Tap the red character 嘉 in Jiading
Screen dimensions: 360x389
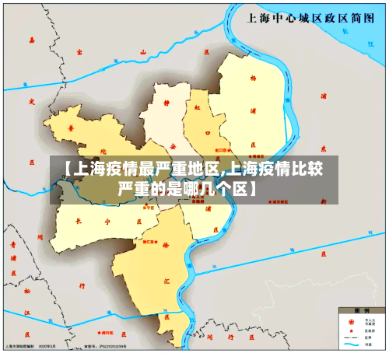(32, 38)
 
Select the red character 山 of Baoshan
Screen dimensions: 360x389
(143, 53)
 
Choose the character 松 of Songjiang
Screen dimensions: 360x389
(27, 290)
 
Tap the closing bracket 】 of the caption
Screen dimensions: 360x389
(254, 188)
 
